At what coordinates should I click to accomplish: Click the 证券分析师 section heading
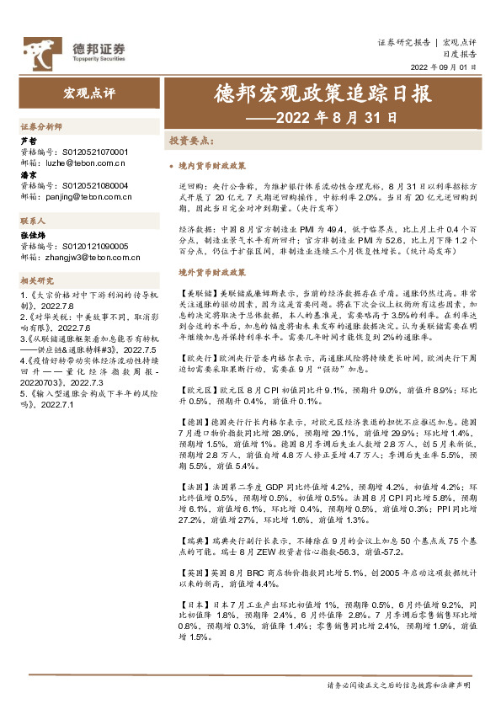coord(41,125)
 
